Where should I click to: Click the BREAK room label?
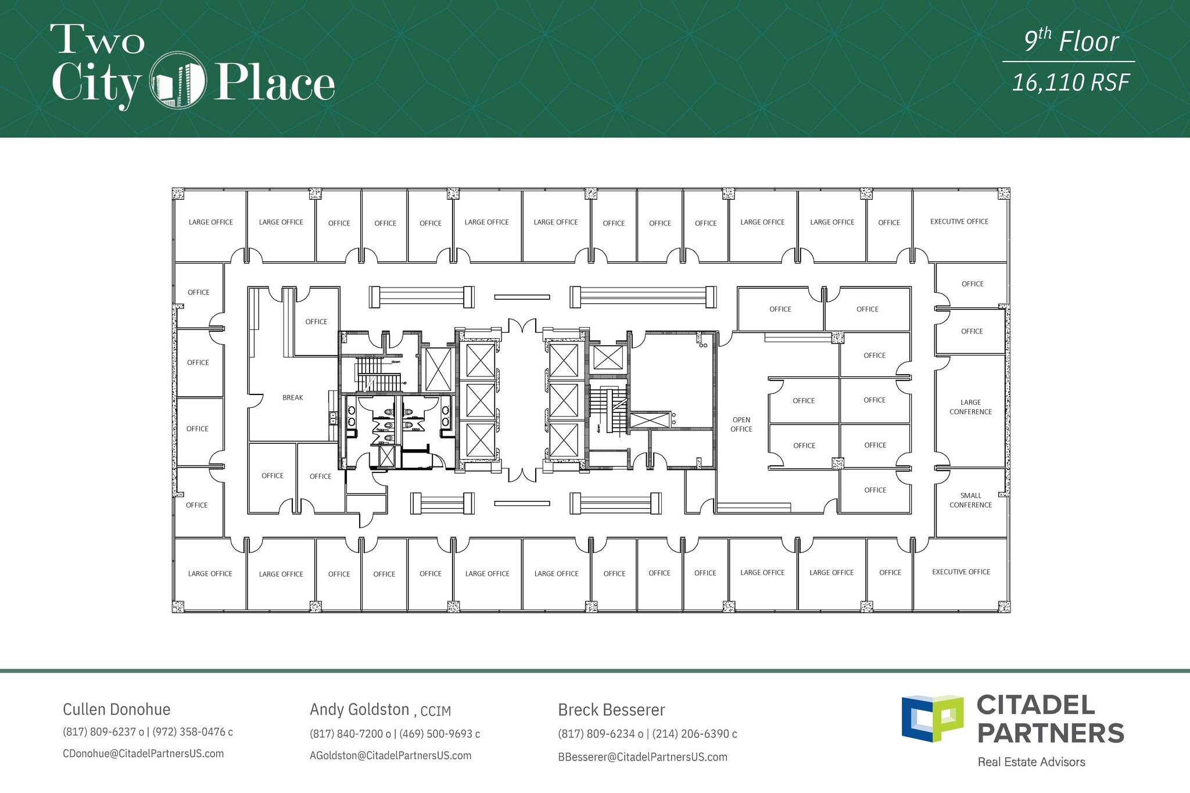(x=293, y=398)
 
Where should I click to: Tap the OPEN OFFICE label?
(x=741, y=425)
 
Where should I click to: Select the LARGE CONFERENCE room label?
(x=971, y=407)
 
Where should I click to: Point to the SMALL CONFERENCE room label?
(x=971, y=501)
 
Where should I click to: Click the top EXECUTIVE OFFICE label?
(x=959, y=222)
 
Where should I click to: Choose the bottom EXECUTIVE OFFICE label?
(x=961, y=572)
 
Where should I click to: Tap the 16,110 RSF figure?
(x=1071, y=82)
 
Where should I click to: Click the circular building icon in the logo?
(x=178, y=80)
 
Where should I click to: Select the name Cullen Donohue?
(x=117, y=709)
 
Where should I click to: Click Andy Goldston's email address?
(x=390, y=756)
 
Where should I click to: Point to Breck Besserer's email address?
(x=643, y=757)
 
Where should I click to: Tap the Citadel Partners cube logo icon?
(x=932, y=718)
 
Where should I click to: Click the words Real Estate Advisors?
(x=1031, y=762)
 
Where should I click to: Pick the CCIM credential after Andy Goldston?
(x=436, y=711)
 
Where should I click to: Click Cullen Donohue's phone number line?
(x=148, y=732)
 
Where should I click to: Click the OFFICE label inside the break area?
(x=316, y=322)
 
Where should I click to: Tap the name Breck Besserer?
(x=611, y=710)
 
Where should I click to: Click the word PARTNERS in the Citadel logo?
(x=1051, y=733)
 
